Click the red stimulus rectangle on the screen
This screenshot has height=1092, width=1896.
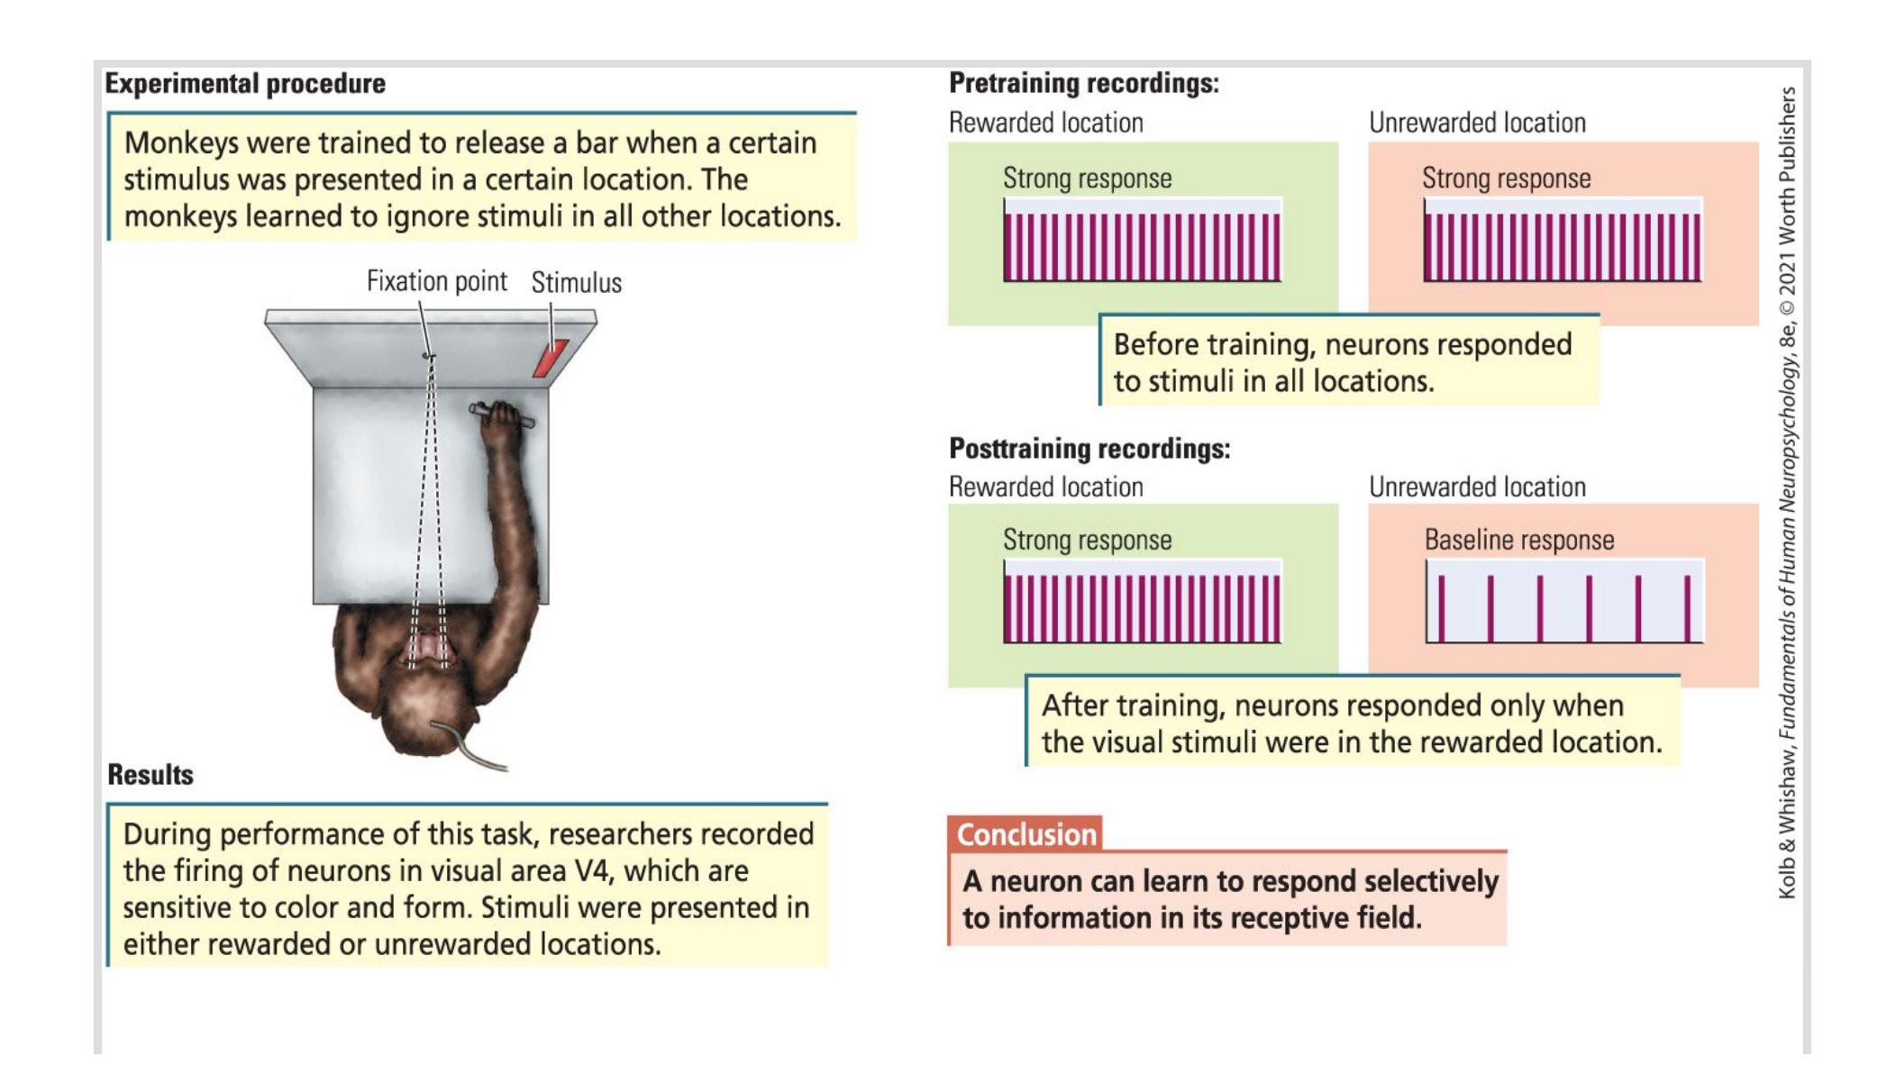tap(550, 358)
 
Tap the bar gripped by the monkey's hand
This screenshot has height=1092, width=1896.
tap(501, 416)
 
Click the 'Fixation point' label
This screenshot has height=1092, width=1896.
tap(436, 282)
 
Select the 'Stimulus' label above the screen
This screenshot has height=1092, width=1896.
tap(576, 283)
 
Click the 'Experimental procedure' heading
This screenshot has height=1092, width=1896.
tap(245, 84)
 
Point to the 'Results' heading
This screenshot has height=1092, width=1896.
tap(150, 775)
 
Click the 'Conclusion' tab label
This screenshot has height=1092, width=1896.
tap(1025, 834)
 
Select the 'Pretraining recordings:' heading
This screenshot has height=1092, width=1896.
tap(1083, 84)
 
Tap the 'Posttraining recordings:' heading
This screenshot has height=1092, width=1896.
tap(1089, 448)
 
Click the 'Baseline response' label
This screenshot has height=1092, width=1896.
tap(1518, 540)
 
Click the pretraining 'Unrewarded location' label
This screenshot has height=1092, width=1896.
tap(1477, 123)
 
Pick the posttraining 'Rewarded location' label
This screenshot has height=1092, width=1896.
tap(1045, 487)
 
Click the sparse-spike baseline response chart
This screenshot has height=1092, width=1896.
tap(1563, 602)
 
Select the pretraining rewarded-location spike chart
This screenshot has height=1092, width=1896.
tap(1142, 241)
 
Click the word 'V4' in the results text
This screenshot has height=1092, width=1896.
tap(594, 871)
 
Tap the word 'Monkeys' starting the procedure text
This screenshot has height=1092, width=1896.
tap(180, 143)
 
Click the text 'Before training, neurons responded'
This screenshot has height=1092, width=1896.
tap(1342, 344)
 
